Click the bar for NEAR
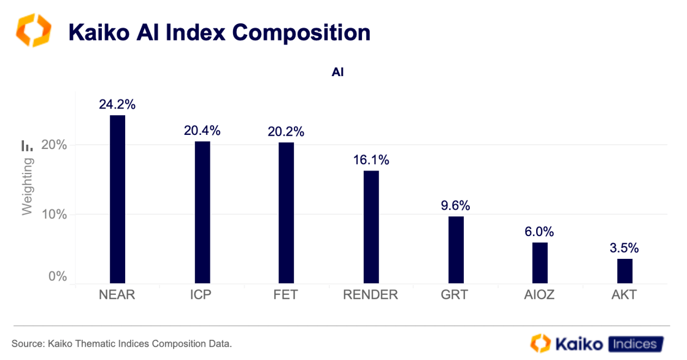(x=117, y=199)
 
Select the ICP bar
(x=202, y=212)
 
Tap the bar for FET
(x=286, y=213)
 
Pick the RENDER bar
(x=371, y=227)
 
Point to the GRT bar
(x=456, y=250)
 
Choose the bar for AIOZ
(x=540, y=262)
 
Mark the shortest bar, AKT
(x=624, y=271)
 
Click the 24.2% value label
(x=117, y=104)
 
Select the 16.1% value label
(x=371, y=160)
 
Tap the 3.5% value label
(x=624, y=248)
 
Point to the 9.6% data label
(x=456, y=205)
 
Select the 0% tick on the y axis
(x=58, y=277)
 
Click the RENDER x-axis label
(x=370, y=295)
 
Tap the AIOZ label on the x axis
(x=540, y=295)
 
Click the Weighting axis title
(x=27, y=186)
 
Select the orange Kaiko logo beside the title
(x=34, y=31)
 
